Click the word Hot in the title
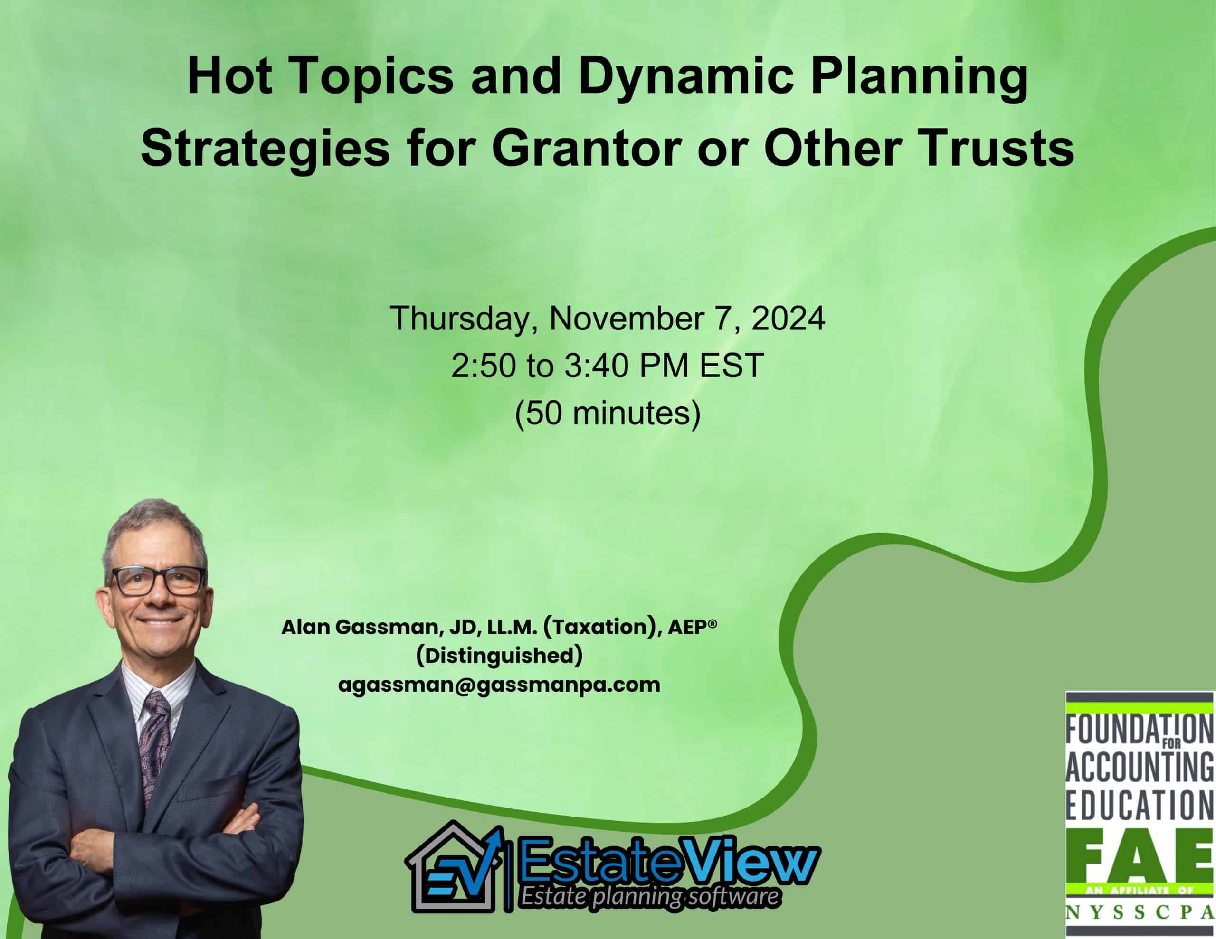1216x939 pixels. click(x=230, y=76)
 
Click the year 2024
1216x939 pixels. click(x=788, y=319)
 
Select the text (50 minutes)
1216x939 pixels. click(x=608, y=414)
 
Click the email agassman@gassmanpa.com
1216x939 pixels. click(x=499, y=685)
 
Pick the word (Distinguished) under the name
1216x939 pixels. click(x=499, y=656)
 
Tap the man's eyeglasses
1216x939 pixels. click(x=158, y=581)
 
